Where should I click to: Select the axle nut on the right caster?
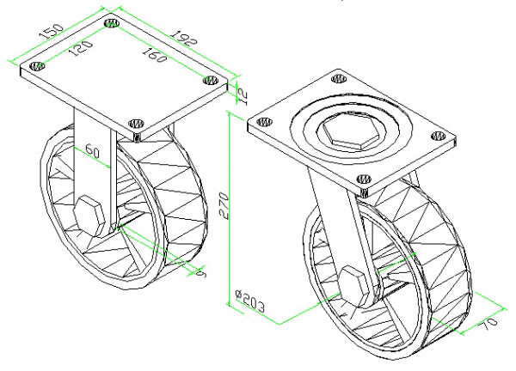pyautogui.click(x=355, y=283)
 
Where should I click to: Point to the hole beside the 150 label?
pyautogui.click(x=111, y=24)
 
